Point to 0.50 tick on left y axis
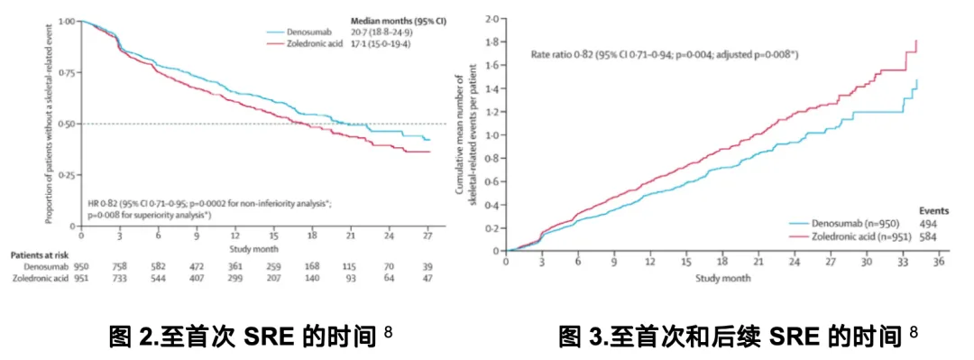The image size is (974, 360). coord(66,124)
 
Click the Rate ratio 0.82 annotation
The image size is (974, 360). coord(664,55)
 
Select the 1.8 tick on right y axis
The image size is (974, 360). coord(491,42)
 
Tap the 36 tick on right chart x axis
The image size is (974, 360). coord(939,263)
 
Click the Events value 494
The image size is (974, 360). coord(925,222)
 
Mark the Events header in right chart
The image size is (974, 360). coord(922,207)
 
